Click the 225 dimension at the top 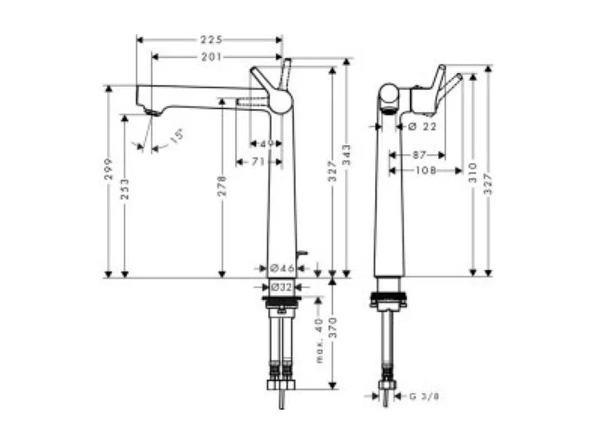click(211, 39)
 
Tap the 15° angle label click(176, 137)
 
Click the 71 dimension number click(258, 162)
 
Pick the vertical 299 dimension click(108, 169)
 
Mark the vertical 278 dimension click(222, 186)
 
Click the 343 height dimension click(347, 155)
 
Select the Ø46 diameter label click(282, 268)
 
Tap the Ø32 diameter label click(281, 287)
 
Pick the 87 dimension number click(419, 155)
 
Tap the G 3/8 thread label click(421, 396)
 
